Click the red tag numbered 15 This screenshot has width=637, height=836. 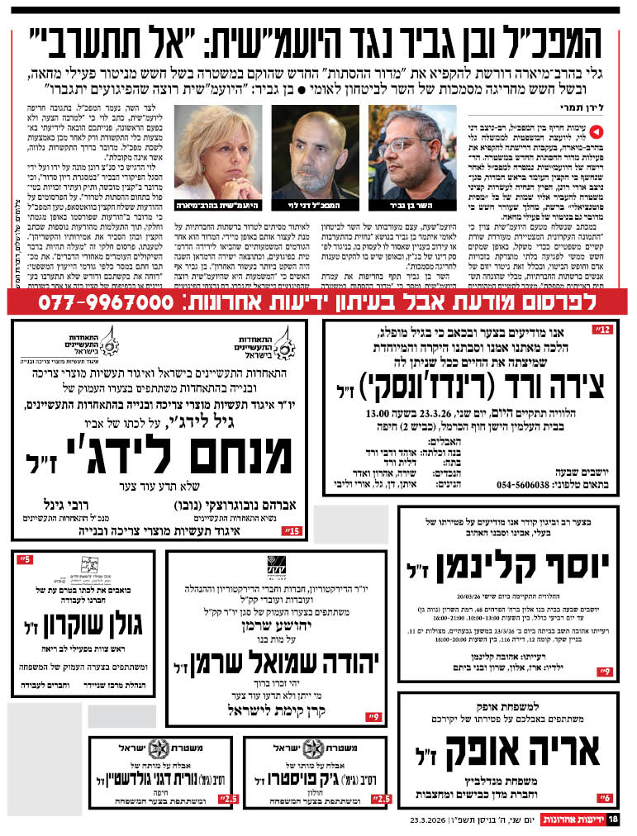click(291, 530)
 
